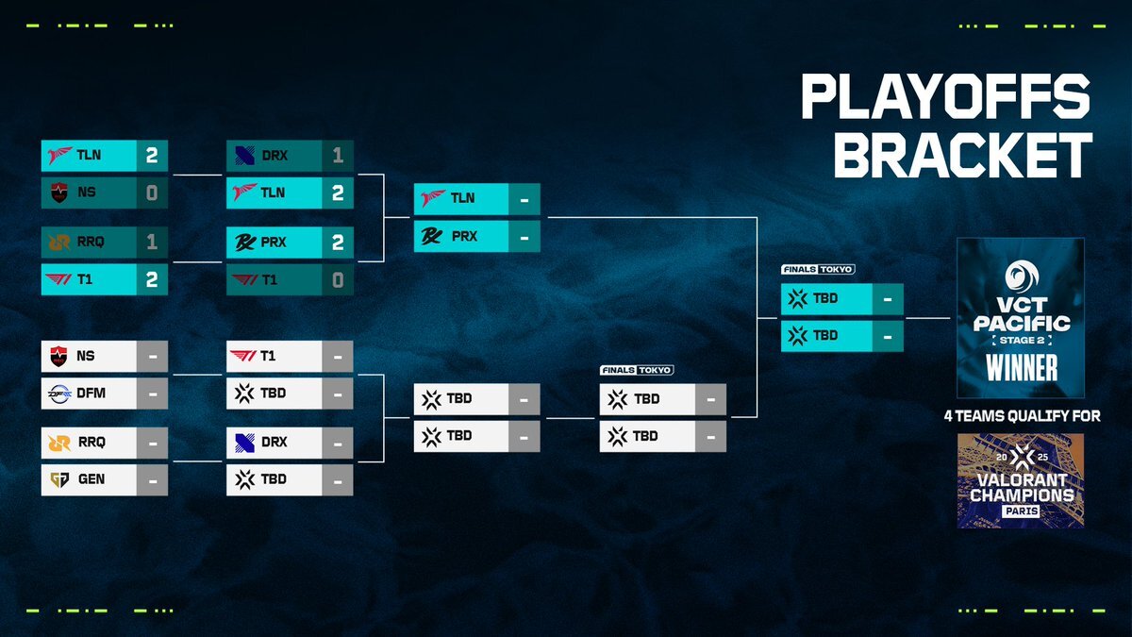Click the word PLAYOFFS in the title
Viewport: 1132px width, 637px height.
[x=945, y=96]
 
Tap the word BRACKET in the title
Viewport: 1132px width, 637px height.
[x=963, y=155]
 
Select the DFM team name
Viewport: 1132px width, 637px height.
[x=91, y=393]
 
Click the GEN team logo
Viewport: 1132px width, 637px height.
[x=59, y=479]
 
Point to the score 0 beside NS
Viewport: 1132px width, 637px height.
[x=152, y=193]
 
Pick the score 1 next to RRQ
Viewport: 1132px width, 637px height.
[x=152, y=242]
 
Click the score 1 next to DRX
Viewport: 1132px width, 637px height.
[x=338, y=155]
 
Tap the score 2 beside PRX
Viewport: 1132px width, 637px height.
[x=338, y=243]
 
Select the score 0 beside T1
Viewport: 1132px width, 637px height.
[x=338, y=280]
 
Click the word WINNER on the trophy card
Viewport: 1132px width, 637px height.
[x=1022, y=367]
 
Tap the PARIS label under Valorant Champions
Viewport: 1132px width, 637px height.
[x=1022, y=511]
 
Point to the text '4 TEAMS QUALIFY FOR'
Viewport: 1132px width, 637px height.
[x=1022, y=416]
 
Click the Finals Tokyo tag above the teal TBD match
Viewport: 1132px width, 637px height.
[x=818, y=270]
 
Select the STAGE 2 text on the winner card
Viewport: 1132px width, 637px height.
[x=1022, y=341]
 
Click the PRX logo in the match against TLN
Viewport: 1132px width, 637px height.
[x=431, y=236]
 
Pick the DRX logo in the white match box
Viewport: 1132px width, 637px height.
[x=244, y=443]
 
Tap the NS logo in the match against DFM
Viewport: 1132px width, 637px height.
[x=59, y=356]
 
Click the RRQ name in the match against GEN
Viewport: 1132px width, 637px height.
[x=92, y=443]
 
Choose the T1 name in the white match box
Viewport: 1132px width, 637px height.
[x=268, y=356]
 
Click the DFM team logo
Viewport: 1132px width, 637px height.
[x=59, y=394]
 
